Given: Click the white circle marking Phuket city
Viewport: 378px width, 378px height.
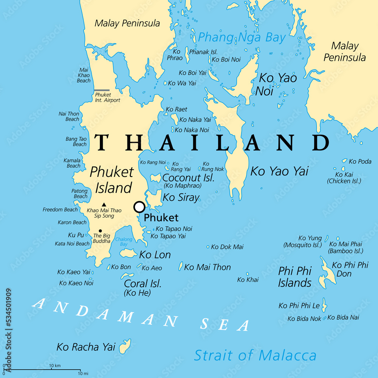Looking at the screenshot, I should coord(139,207).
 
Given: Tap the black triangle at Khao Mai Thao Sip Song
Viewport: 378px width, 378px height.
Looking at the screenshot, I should coord(104,204).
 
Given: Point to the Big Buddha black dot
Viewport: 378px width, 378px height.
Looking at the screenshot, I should coord(100,231).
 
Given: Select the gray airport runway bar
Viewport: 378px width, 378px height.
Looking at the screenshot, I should coord(102,91).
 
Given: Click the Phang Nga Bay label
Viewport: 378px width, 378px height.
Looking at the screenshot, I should coord(242,37).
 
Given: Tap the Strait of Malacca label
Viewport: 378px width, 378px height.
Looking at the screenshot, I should coord(255,355).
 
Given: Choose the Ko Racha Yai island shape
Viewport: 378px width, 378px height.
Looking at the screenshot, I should coord(125,346).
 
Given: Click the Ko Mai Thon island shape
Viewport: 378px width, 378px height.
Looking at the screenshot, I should coord(181,266).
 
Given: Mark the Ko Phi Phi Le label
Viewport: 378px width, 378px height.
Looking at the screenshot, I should coord(299,305).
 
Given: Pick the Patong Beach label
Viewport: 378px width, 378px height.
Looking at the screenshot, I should coord(79,194).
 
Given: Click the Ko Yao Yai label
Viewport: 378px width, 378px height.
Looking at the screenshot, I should coord(279,171).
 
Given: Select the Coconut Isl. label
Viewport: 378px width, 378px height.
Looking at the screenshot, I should coord(188,178).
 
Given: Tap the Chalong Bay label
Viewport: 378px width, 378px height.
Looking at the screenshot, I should coord(124,242).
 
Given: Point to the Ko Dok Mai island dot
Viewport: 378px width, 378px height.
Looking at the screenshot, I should coord(208,247).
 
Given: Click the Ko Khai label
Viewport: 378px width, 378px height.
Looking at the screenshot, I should coord(248,280).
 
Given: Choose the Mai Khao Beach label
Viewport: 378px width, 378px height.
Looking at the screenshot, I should coord(84,75).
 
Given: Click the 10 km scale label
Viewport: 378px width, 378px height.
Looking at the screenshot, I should coord(55,366).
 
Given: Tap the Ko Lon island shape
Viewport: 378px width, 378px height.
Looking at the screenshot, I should coord(128,253).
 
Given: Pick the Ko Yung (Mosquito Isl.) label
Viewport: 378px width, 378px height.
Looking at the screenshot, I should coord(303,241).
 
